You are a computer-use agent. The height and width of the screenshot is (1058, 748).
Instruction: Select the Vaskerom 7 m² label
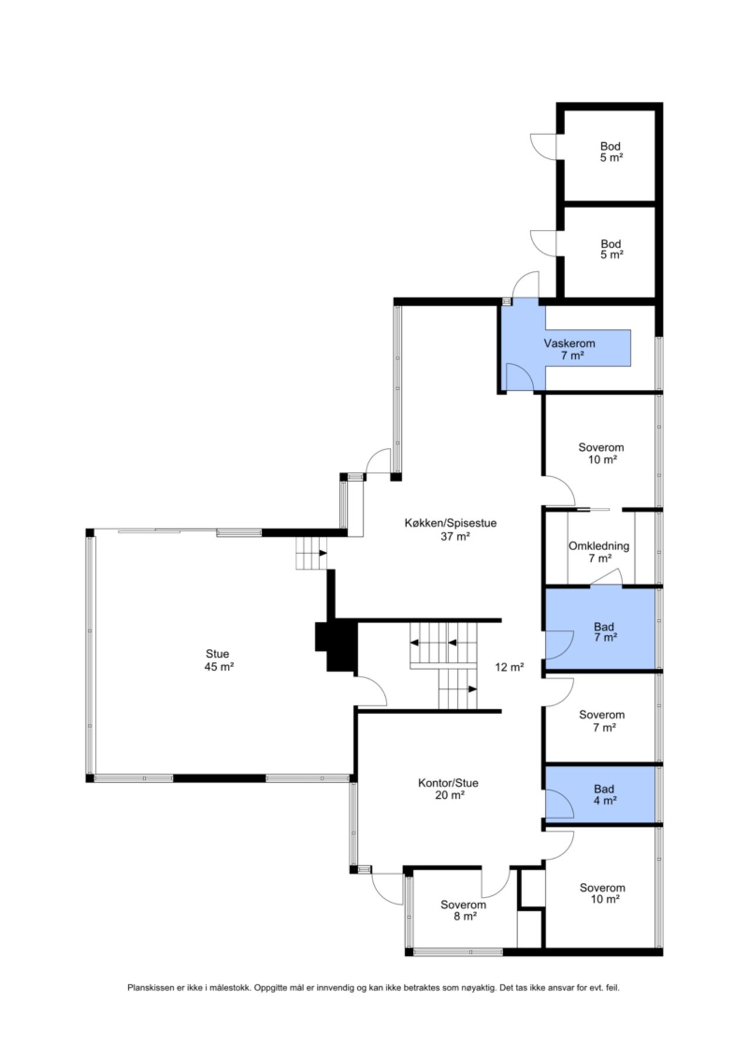569,349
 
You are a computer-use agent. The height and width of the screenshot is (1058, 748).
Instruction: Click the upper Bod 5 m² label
611,152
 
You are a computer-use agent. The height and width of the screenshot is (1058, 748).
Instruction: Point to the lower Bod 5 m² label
611,249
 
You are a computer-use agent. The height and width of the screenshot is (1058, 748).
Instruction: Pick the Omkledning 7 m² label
598,552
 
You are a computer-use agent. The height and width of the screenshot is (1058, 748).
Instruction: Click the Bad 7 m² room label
604,632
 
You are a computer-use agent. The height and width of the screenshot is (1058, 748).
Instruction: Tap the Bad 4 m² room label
604,795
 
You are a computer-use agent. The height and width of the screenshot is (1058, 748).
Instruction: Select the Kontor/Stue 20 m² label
448,789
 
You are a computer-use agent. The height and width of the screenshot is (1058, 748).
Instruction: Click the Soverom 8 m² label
463,910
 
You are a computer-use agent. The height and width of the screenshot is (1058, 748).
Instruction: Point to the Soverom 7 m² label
601,721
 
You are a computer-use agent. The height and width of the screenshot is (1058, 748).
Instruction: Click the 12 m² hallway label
509,667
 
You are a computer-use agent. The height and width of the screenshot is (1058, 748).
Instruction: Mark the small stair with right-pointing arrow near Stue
311,553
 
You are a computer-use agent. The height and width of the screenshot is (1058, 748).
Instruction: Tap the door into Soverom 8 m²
495,882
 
